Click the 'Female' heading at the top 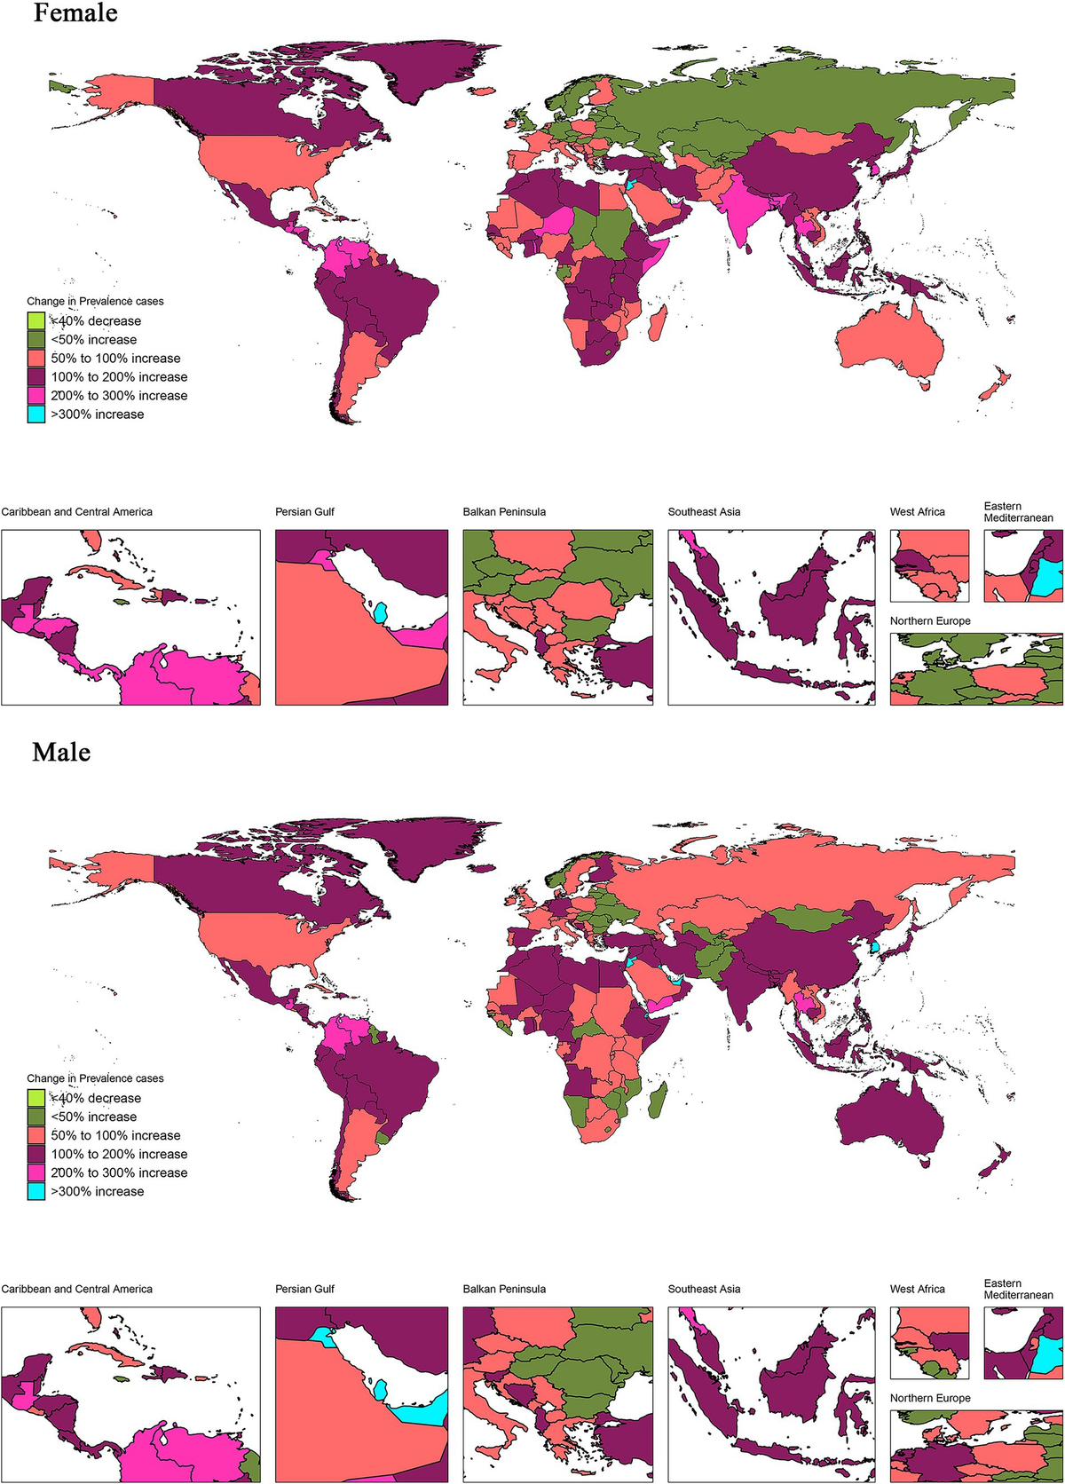[75, 13]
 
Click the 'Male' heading [61, 752]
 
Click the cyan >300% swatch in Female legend [35, 414]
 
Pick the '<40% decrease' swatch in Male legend [35, 1098]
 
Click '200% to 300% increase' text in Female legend [119, 396]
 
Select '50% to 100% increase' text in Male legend [115, 1135]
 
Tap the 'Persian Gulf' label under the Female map [304, 512]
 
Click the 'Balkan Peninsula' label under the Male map [504, 1289]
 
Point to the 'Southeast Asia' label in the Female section [704, 512]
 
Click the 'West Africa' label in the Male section [917, 1289]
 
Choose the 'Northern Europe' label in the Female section [930, 621]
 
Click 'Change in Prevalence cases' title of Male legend [95, 1078]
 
